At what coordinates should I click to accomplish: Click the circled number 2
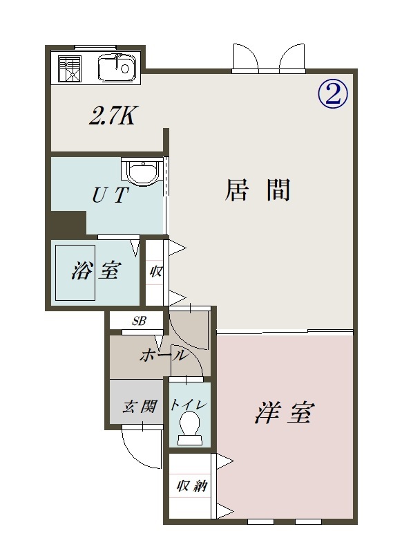[332, 94]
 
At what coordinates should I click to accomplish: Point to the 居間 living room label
[257, 190]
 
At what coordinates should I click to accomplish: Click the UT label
[109, 196]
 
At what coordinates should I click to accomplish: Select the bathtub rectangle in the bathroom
[75, 272]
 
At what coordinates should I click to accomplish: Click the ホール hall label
[162, 355]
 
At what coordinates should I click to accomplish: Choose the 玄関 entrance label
[140, 406]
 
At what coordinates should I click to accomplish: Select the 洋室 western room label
[285, 413]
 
